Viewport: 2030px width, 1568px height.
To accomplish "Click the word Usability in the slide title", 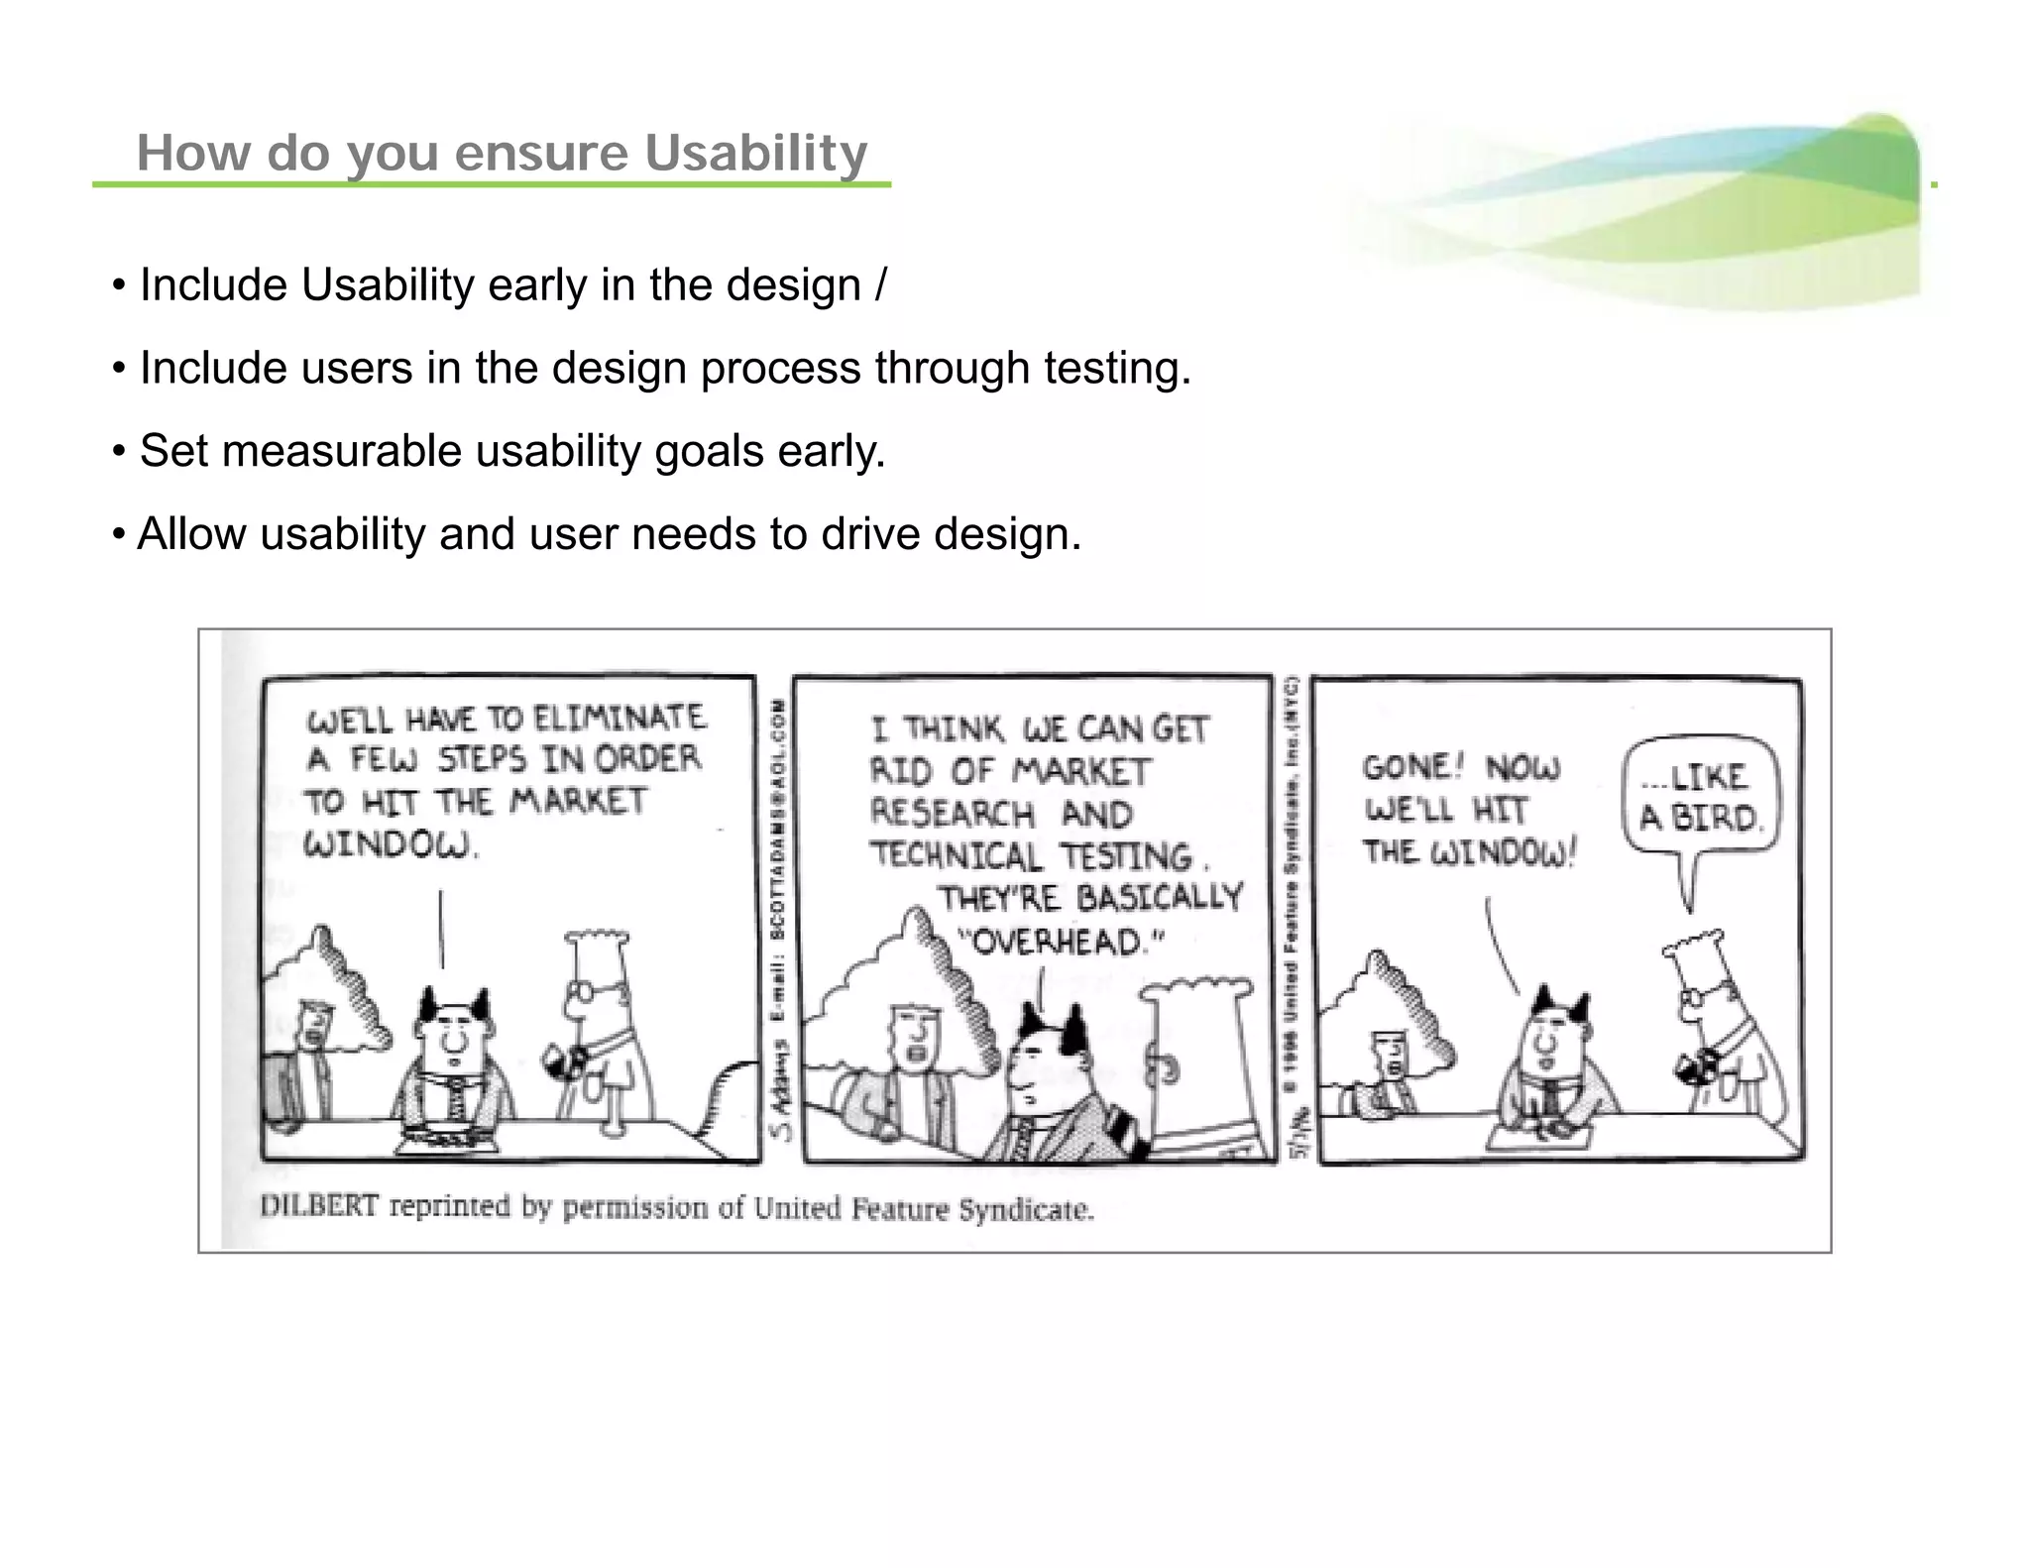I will (x=755, y=153).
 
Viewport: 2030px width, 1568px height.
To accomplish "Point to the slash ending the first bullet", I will (x=880, y=285).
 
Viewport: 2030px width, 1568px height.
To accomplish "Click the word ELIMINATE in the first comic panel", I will (x=620, y=717).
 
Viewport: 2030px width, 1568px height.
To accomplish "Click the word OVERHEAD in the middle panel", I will (x=1058, y=941).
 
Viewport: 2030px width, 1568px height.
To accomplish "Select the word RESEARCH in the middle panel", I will (x=952, y=814).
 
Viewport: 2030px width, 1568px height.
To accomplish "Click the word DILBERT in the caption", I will (x=318, y=1206).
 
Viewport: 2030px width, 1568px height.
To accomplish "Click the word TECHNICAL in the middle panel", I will (x=956, y=855).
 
